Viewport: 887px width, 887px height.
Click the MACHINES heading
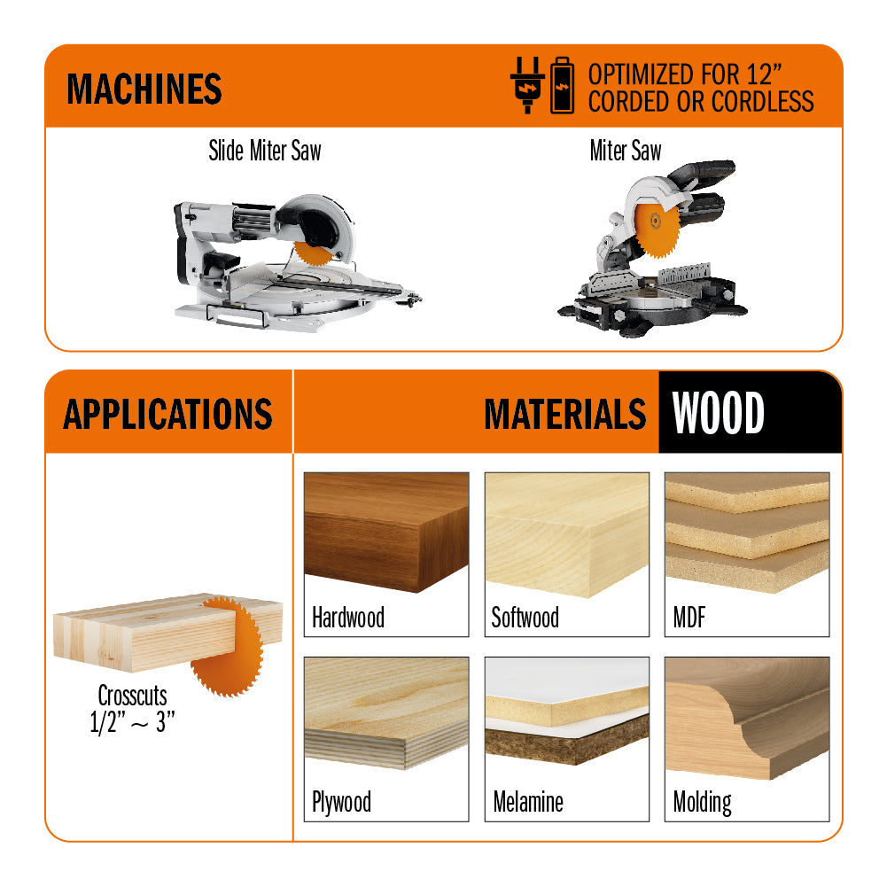144,89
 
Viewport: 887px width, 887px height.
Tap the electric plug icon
525,86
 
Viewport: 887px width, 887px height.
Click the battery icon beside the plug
563,86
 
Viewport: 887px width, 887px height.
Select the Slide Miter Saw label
264,151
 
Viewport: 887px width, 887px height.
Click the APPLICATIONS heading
167,414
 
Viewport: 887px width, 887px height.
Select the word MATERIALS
564,414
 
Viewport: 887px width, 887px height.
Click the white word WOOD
719,414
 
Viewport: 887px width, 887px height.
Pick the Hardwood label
348,618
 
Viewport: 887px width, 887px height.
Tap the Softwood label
525,618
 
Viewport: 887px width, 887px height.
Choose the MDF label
689,618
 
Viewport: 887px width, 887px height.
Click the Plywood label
341,803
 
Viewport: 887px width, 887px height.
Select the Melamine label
528,803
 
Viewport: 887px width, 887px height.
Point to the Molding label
702,803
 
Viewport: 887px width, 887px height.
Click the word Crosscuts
132,696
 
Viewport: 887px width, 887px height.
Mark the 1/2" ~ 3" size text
132,722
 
